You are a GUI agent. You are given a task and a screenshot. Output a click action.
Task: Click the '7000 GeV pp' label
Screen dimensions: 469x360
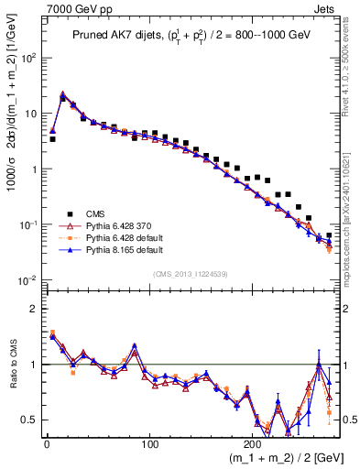coord(71,8)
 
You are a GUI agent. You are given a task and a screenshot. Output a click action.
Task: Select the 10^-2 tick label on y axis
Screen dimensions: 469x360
coord(27,280)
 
